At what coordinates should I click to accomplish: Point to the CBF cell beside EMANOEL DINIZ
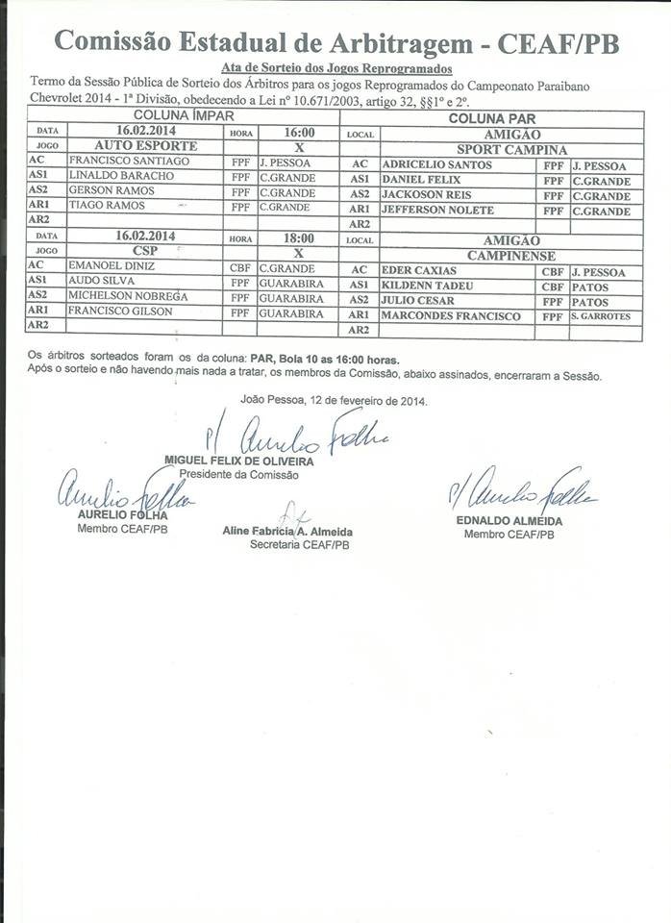[x=240, y=267]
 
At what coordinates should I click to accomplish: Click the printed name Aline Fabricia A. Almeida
[x=287, y=532]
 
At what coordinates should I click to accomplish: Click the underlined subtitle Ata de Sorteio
[x=335, y=69]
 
